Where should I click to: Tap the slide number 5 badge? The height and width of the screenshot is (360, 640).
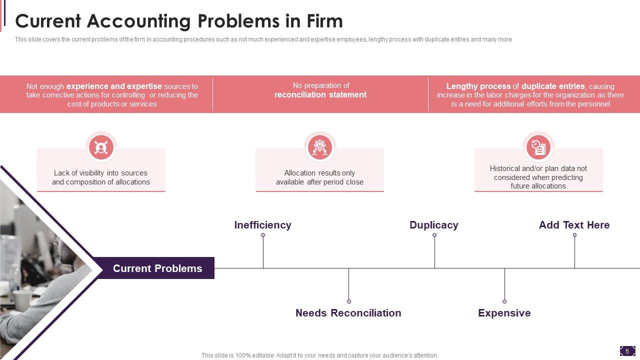point(627,351)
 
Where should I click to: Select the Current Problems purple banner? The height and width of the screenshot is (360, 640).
point(157,268)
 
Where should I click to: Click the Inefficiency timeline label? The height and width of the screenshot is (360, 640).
point(262,225)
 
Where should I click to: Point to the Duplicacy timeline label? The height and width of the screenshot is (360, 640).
point(433,225)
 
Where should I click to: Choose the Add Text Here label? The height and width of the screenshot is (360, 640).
point(574,225)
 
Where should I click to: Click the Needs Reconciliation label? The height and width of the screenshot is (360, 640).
point(348,313)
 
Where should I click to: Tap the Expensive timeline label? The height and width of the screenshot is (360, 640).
point(504,313)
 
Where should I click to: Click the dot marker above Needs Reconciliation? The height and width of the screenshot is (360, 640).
point(349,301)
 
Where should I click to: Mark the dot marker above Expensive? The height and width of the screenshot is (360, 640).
point(504,301)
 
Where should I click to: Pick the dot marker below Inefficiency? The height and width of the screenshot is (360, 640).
point(263,235)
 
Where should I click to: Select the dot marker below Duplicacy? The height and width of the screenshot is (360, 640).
point(434,235)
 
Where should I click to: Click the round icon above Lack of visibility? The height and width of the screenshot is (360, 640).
point(101,147)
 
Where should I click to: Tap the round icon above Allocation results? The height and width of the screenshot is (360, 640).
point(319,147)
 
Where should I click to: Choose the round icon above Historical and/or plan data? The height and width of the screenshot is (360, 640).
point(538,147)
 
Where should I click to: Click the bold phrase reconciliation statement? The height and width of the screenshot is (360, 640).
point(320,95)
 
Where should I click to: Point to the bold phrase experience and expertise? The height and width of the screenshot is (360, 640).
point(114,86)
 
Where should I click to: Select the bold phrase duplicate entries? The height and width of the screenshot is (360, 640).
point(553,86)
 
